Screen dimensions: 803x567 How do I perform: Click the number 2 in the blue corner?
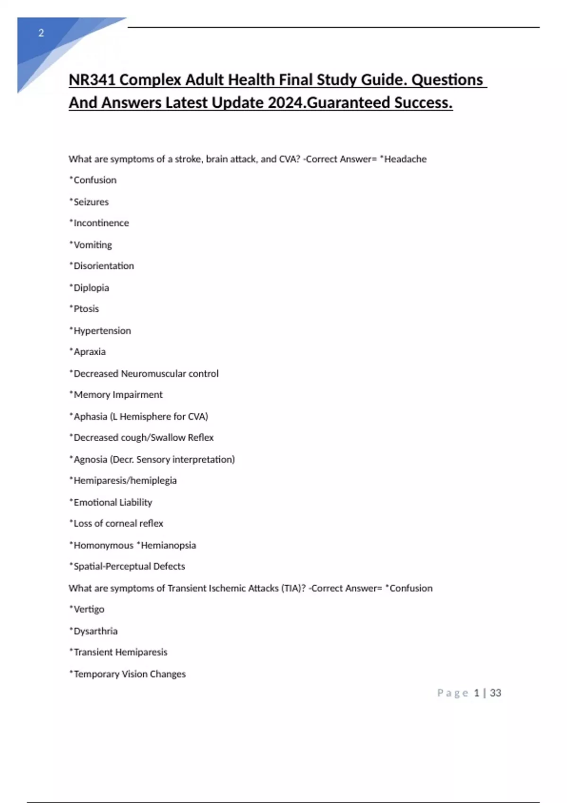point(41,33)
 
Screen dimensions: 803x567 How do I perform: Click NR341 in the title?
point(92,80)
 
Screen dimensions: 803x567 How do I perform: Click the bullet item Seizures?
point(91,202)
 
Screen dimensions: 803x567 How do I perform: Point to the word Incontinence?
point(101,223)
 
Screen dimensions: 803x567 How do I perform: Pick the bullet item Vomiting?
point(93,245)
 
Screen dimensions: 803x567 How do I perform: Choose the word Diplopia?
point(91,288)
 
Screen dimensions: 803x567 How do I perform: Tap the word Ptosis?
point(86,309)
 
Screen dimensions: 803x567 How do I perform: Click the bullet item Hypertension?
point(102,331)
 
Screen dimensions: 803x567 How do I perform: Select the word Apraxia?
point(89,352)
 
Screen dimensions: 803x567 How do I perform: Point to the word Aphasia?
point(90,417)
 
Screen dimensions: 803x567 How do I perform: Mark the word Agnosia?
point(90,459)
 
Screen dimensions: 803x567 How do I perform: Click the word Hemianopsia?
point(168,545)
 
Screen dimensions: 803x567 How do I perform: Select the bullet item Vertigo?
point(89,609)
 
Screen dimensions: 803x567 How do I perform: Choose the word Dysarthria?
point(95,631)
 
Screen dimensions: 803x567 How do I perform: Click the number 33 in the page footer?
point(495,693)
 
